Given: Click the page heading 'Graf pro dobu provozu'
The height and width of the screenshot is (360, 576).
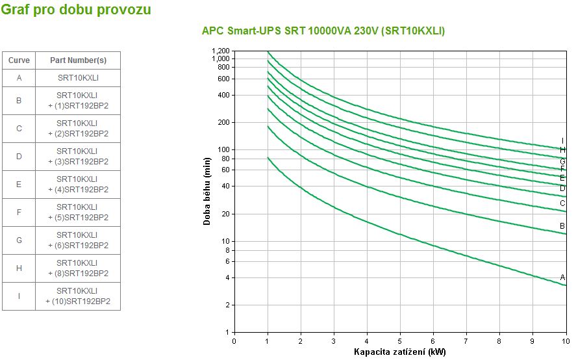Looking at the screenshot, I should (x=77, y=10).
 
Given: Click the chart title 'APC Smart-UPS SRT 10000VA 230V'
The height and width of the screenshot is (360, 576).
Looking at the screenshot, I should (x=323, y=31).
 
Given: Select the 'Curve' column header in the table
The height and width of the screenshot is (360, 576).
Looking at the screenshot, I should (x=19, y=60).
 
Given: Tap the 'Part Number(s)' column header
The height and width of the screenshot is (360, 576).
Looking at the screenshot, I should (x=78, y=60).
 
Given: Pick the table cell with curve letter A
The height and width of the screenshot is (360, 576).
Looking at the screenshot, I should (x=19, y=78).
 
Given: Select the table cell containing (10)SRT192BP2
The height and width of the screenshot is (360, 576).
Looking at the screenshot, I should (x=78, y=296).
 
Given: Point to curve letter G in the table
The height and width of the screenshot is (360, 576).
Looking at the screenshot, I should (x=19, y=240).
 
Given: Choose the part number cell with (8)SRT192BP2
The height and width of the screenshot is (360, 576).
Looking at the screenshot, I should (x=78, y=268).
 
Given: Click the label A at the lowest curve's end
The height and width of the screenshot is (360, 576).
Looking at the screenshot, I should (x=563, y=277).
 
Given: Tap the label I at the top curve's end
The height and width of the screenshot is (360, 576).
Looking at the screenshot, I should (x=562, y=141).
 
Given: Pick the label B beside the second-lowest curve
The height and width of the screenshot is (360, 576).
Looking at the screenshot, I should (x=562, y=226).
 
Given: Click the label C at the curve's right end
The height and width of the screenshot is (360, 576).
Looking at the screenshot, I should (x=562, y=203).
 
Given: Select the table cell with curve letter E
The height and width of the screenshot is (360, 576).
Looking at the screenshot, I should (x=19, y=185).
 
